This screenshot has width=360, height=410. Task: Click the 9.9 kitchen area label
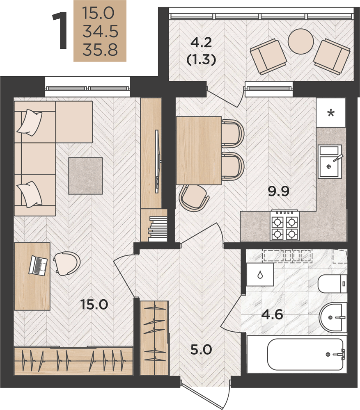(x=279, y=191)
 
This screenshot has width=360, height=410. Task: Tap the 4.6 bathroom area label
(x=272, y=314)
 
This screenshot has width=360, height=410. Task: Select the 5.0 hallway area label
(x=201, y=349)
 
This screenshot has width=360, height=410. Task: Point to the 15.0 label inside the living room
(x=94, y=305)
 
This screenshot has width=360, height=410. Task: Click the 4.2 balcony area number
(x=201, y=43)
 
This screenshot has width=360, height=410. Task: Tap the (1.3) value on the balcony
(x=201, y=59)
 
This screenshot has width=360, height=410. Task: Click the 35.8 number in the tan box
(x=100, y=50)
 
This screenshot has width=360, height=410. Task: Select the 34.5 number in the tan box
(x=100, y=31)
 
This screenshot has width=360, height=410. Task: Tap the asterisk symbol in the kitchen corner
(x=331, y=113)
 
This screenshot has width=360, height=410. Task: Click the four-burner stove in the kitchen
(x=284, y=225)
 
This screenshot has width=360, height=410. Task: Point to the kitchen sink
(x=330, y=162)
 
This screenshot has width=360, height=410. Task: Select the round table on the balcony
(x=300, y=41)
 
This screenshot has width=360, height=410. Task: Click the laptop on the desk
(x=38, y=265)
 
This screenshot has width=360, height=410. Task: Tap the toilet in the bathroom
(x=332, y=284)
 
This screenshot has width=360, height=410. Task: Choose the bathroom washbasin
(x=333, y=317)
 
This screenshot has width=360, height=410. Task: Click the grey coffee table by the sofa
(x=85, y=176)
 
